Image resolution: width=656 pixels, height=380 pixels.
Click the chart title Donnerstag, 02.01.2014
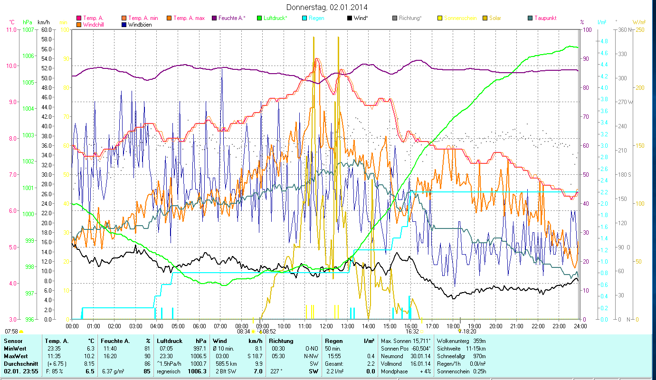coord(327,7)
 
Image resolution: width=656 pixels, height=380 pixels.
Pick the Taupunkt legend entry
coord(545,18)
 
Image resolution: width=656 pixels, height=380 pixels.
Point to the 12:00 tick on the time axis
coord(326,326)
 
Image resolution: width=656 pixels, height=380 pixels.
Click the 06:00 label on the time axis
coord(199,326)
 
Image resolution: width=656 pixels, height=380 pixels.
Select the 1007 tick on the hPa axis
coord(28,29)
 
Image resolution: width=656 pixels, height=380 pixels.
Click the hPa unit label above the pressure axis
coord(28,22)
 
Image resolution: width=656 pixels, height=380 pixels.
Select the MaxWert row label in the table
coord(15,356)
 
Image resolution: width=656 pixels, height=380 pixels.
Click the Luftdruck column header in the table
coord(170,341)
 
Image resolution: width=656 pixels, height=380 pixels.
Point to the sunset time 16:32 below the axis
coord(412,332)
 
